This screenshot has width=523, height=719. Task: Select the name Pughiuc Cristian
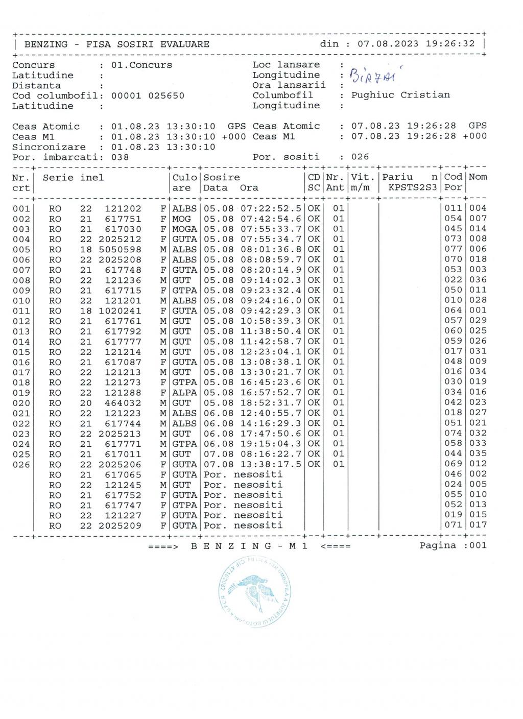point(400,95)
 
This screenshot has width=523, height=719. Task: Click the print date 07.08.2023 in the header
point(388,44)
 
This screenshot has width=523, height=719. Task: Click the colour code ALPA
point(184,392)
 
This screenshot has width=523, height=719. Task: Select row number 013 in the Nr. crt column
point(21,331)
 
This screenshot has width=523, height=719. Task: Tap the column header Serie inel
point(73,178)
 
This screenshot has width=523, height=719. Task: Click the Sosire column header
point(222,178)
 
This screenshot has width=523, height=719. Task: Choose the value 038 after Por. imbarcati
point(120,157)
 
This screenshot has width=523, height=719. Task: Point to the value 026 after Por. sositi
point(360,157)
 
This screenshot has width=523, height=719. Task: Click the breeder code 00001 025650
point(148,95)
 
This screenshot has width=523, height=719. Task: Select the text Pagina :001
point(453,545)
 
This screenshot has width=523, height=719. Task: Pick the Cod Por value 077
point(453,249)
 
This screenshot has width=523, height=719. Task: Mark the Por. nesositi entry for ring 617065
point(243,474)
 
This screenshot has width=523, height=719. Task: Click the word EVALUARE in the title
point(184,44)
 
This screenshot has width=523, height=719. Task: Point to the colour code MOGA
point(184,229)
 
